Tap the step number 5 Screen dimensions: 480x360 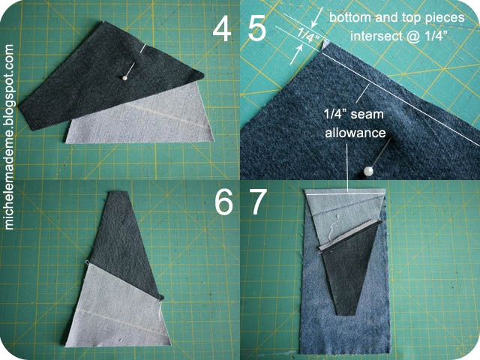(x=256, y=29)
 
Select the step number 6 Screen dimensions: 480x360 (x=223, y=202)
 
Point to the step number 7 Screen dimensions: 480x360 (x=259, y=202)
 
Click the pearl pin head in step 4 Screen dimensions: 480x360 (x=124, y=78)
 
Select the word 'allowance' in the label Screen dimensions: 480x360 (x=355, y=133)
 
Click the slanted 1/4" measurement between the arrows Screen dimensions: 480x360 (x=309, y=35)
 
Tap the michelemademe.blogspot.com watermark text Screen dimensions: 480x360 (x=10, y=136)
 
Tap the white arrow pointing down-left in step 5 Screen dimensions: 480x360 (x=316, y=17)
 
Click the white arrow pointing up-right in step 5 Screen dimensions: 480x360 (x=296, y=55)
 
